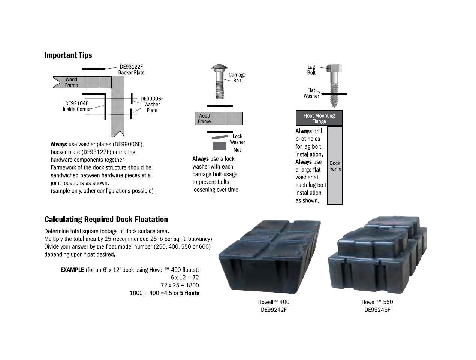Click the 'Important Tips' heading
coord(68,55)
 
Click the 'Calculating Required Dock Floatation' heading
coord(106,219)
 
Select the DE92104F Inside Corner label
coord(77,106)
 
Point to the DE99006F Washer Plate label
coord(152,104)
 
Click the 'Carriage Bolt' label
coord(237,78)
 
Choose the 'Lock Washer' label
coord(237,139)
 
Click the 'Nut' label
coord(237,150)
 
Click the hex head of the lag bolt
coord(334,69)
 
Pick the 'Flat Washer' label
coord(311,93)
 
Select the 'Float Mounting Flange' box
coord(319,118)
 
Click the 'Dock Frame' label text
coord(335,166)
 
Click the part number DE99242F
coord(274,310)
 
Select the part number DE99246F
coord(377,310)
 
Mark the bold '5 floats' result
coord(189,293)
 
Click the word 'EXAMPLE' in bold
coord(72,270)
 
